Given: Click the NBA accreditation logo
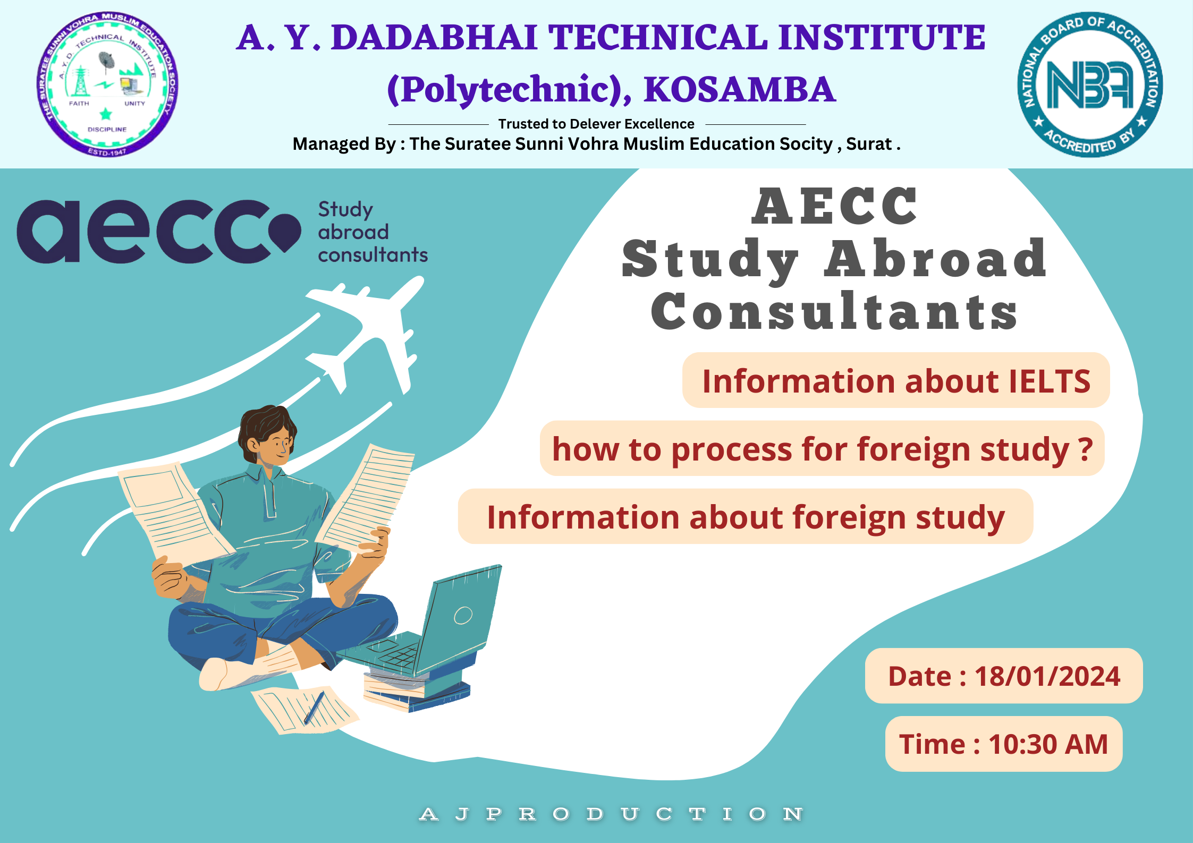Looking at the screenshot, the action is [1090, 84].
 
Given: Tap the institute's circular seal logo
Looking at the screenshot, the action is [107, 84].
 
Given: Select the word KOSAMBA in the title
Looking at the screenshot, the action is [740, 89].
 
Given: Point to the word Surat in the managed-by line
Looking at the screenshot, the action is [869, 144].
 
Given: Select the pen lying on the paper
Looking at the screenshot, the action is [314, 708].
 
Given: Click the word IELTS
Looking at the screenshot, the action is [1050, 381].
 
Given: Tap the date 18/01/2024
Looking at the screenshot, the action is [1047, 676].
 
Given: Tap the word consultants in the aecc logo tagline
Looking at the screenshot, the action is [373, 255].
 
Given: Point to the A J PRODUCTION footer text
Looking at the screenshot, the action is [611, 814].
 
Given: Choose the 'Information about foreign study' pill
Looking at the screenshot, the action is [746, 516].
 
